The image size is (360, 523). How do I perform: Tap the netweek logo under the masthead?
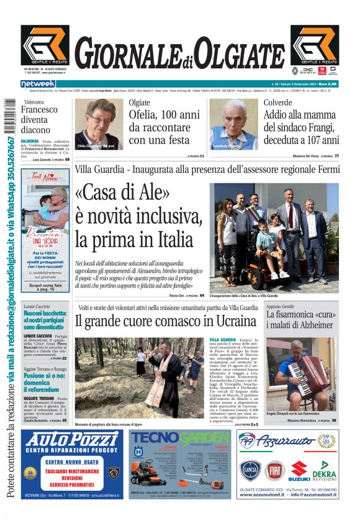pos(38,84)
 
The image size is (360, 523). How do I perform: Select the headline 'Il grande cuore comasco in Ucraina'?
pos(166,321)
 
